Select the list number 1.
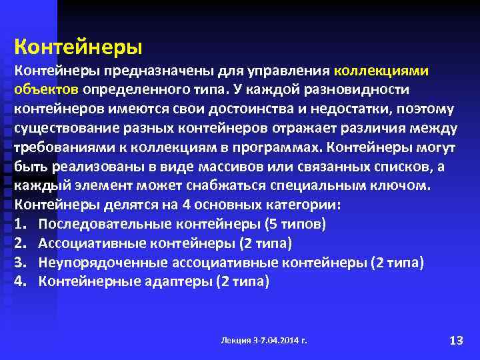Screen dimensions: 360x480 [20, 224]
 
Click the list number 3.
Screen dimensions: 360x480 [20, 262]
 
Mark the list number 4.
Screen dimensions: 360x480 [20, 281]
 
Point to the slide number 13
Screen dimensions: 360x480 [456, 340]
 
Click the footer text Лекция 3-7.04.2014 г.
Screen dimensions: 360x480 [264, 340]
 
